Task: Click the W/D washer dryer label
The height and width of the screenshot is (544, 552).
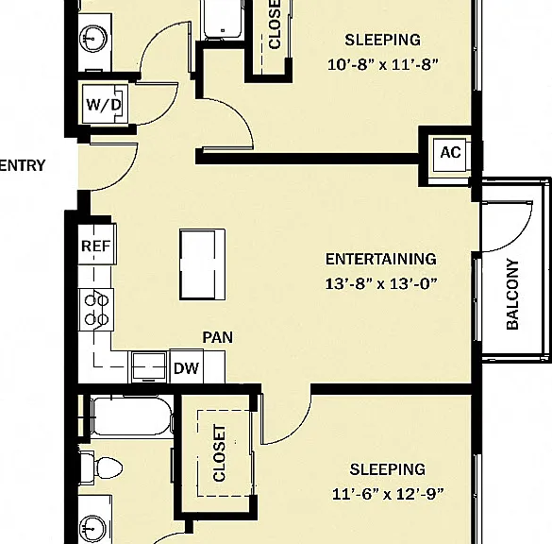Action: click(x=104, y=105)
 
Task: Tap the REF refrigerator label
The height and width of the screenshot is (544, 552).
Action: click(x=95, y=246)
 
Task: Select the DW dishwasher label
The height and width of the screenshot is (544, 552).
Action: click(x=186, y=368)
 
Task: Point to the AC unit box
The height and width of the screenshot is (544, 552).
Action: click(x=450, y=156)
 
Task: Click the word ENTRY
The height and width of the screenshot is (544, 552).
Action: click(x=23, y=165)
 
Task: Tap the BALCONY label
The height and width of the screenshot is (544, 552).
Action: click(x=512, y=295)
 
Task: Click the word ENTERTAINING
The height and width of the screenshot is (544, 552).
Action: click(x=381, y=260)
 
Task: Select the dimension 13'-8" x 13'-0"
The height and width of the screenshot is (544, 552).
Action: click(x=381, y=283)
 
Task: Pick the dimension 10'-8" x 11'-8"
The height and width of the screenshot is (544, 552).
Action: click(x=383, y=65)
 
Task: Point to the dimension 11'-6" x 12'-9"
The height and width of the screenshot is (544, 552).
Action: click(x=388, y=494)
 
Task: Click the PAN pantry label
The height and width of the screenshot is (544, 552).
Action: click(x=218, y=337)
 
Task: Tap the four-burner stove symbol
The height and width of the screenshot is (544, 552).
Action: click(x=96, y=310)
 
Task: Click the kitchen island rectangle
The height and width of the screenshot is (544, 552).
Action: click(x=203, y=264)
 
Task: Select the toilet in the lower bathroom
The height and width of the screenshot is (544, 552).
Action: click(x=102, y=467)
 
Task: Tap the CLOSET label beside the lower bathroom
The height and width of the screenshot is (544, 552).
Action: click(x=219, y=453)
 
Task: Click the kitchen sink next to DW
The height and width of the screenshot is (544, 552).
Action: click(x=149, y=367)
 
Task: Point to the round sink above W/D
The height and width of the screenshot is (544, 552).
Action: click(x=93, y=38)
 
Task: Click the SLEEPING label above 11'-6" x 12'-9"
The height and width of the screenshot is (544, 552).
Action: click(x=388, y=469)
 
